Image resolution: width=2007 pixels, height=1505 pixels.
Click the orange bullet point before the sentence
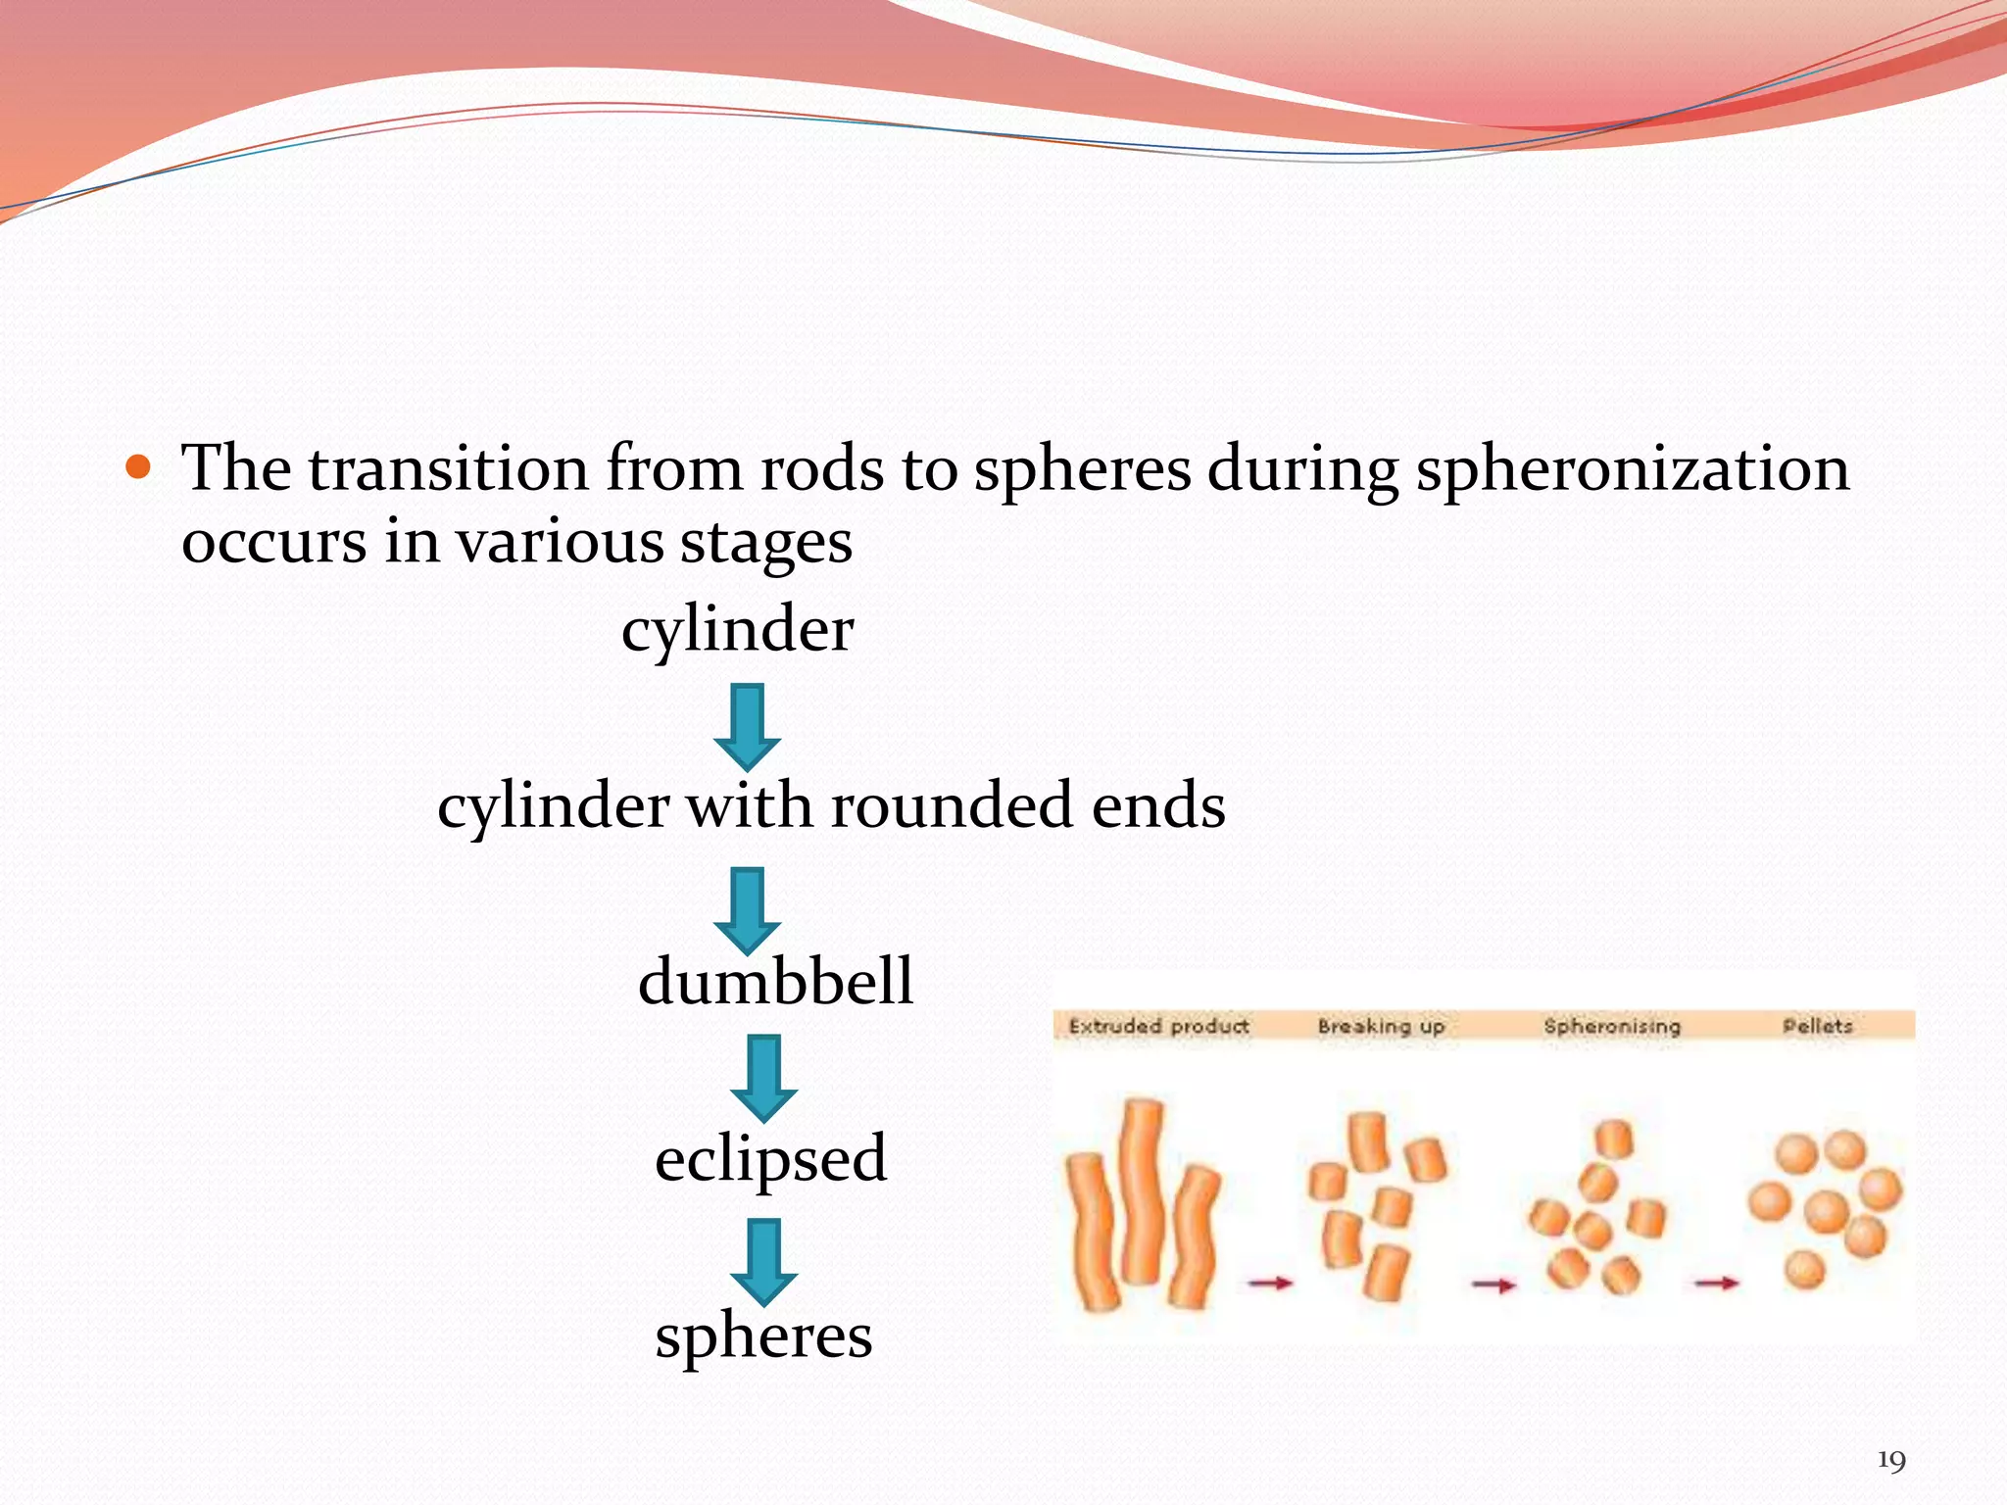tap(139, 467)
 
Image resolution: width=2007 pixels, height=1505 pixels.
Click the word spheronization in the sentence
tap(1633, 469)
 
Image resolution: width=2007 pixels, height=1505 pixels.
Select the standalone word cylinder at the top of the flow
tap(737, 630)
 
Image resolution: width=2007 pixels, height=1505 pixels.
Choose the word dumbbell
tap(775, 982)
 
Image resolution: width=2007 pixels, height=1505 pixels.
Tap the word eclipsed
tap(770, 1159)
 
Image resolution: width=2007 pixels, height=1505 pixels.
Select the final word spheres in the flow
tap(763, 1336)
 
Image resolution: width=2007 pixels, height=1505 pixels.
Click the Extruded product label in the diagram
tap(1158, 1026)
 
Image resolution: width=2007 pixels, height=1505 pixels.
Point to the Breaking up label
tap(1381, 1026)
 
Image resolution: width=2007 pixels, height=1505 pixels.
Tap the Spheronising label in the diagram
tap(1612, 1026)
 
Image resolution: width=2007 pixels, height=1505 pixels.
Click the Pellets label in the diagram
tap(1817, 1026)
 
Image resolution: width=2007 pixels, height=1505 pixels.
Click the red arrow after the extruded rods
tap(1270, 1282)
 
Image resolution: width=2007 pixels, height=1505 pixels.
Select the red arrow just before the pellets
tap(1716, 1282)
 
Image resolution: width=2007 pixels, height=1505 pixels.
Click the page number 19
tap(1890, 1461)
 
